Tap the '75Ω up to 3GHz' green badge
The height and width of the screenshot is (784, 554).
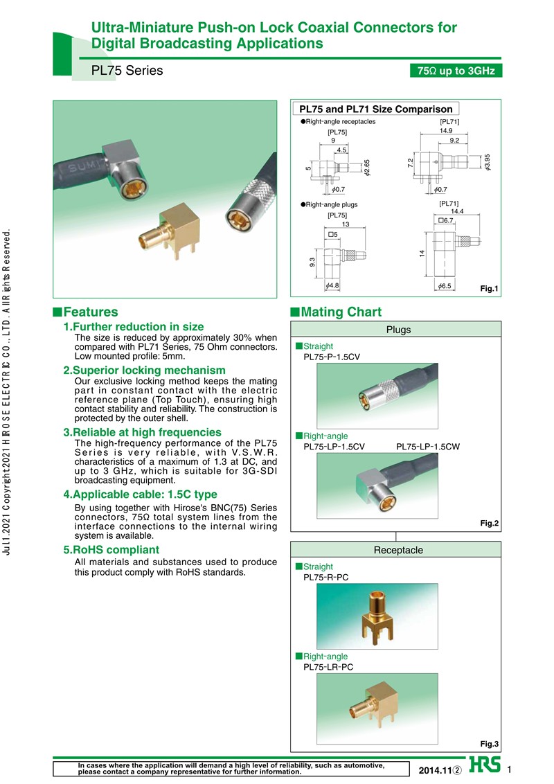pos(455,71)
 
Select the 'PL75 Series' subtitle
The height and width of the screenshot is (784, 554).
pos(127,71)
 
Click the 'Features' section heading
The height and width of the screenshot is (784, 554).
pos(91,312)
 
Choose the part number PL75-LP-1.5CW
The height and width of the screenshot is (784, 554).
pos(427,447)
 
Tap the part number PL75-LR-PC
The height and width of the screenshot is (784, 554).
pos(329,667)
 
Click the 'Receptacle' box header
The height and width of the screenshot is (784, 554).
pos(398,550)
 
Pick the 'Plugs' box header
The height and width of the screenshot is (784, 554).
pos(398,330)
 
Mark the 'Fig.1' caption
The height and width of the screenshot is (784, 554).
pos(490,288)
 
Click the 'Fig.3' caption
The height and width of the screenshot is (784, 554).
pos(490,744)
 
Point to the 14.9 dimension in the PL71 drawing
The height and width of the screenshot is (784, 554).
pos(446,131)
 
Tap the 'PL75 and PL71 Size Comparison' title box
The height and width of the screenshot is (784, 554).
pos(375,109)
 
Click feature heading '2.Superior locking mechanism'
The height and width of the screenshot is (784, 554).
pos(144,370)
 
